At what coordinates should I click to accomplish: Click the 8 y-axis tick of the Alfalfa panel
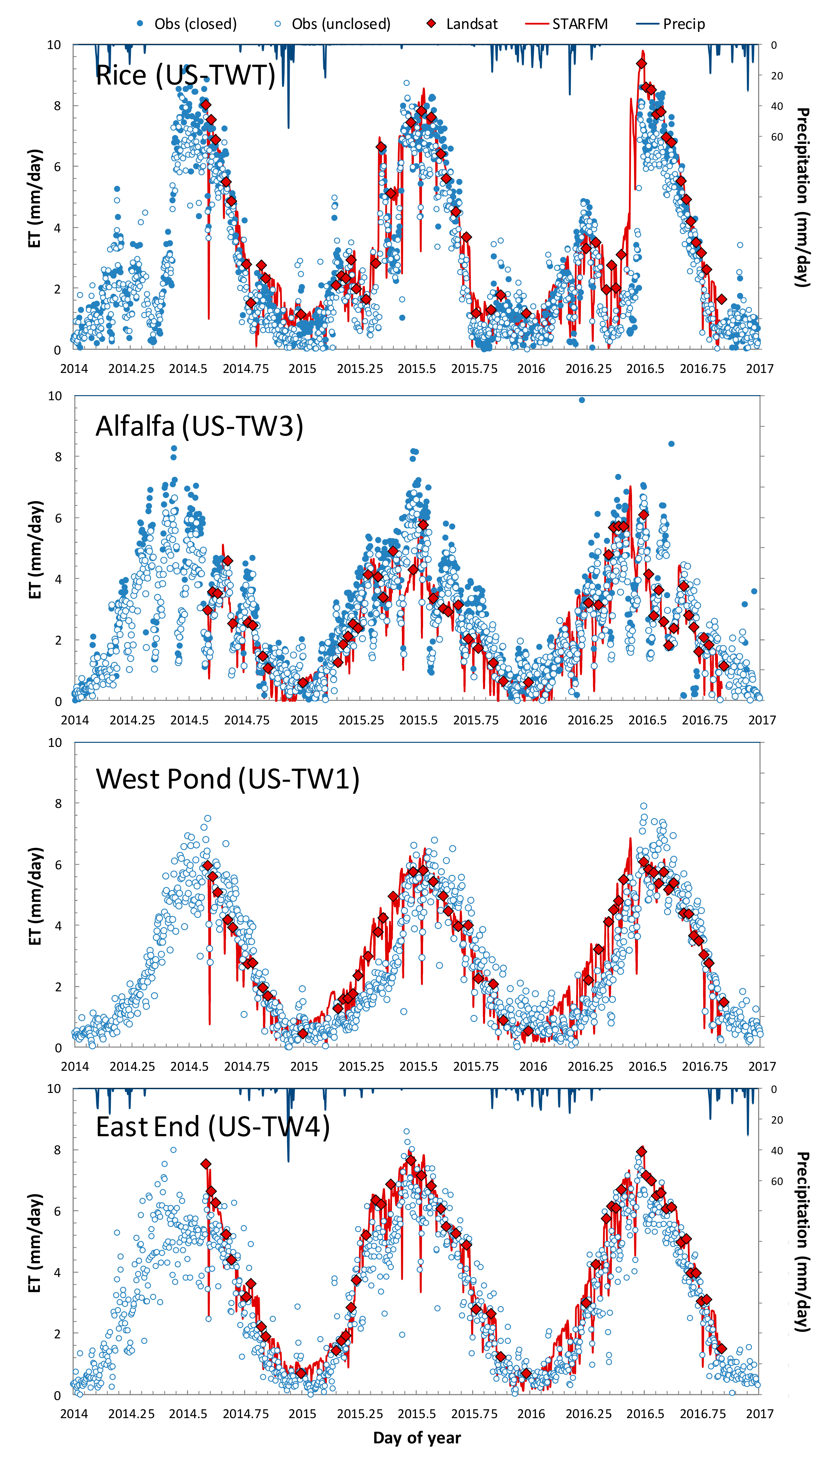[58, 457]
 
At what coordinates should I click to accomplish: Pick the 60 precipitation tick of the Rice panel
[777, 137]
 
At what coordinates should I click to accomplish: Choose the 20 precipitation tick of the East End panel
[777, 1120]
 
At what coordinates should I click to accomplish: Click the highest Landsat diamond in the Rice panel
[641, 64]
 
